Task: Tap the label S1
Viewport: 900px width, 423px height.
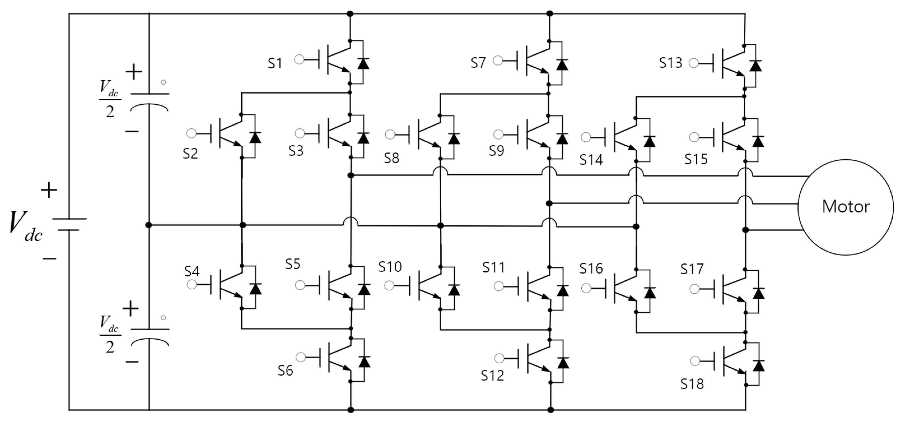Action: coord(275,63)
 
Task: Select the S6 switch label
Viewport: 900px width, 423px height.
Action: coord(286,370)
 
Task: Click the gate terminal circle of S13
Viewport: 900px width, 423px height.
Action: coord(693,63)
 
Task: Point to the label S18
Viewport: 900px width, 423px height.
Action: coord(692,384)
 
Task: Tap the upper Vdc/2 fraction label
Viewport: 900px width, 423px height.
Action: coord(110,99)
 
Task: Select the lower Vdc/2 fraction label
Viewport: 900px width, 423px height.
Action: coord(110,335)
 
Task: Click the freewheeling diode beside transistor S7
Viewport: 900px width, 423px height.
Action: coord(562,65)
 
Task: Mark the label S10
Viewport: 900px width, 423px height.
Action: coord(390,267)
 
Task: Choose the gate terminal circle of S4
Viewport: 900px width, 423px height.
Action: coord(192,285)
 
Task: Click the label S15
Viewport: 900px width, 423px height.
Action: coord(696,159)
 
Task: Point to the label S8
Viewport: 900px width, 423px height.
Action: coord(391,158)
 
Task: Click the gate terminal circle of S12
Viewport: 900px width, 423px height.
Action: coord(499,358)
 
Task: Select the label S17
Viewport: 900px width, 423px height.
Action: coord(692,269)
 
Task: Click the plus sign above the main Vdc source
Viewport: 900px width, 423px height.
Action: coord(49,191)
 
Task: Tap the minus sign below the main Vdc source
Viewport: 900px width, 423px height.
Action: coord(50,259)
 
